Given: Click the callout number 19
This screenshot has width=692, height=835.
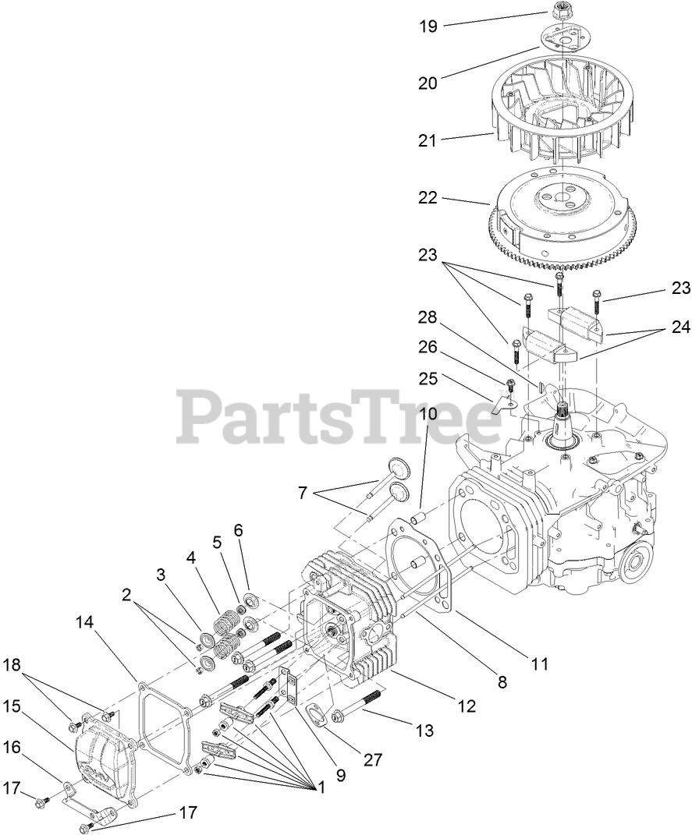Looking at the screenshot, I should coord(428,27).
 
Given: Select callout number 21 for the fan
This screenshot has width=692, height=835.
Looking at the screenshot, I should coord(428,140).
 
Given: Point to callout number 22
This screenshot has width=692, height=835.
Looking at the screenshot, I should coord(428,198).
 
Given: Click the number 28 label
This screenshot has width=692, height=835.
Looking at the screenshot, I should coord(428,317).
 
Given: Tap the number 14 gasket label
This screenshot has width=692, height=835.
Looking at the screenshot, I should coord(85,622).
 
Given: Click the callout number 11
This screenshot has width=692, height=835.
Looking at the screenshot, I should coord(540,664).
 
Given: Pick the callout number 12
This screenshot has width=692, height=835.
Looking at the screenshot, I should coord(467,706).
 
